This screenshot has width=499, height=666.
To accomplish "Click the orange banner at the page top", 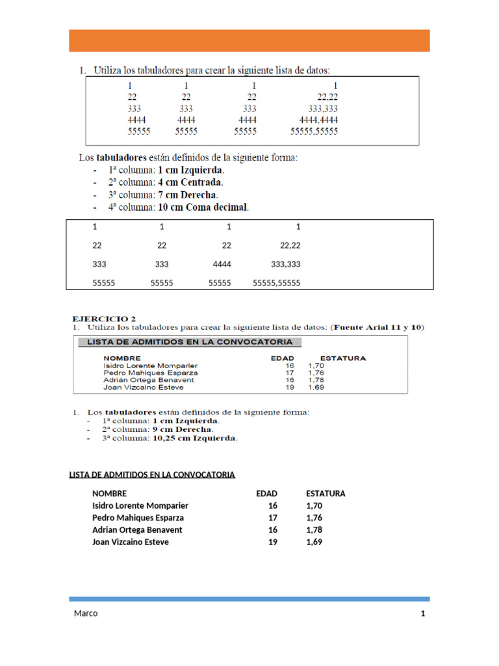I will click(x=249, y=40).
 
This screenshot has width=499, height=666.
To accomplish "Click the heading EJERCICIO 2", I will click(x=104, y=319).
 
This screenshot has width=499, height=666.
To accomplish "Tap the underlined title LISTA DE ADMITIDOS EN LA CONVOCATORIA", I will click(x=152, y=475).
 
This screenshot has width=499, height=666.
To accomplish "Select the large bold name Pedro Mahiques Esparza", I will click(x=138, y=518).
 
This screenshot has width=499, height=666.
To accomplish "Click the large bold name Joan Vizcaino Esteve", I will click(x=131, y=542).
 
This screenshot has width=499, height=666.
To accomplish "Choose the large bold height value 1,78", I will click(x=314, y=530).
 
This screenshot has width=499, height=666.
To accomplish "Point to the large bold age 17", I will click(x=272, y=518).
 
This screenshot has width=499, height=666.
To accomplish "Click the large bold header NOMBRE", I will click(x=109, y=494).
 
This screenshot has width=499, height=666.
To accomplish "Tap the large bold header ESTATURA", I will click(x=326, y=494).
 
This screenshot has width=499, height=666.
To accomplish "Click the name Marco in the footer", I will click(x=85, y=614).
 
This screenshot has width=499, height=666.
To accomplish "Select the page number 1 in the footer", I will click(x=423, y=614).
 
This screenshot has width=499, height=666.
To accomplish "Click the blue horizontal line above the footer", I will click(x=249, y=598).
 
